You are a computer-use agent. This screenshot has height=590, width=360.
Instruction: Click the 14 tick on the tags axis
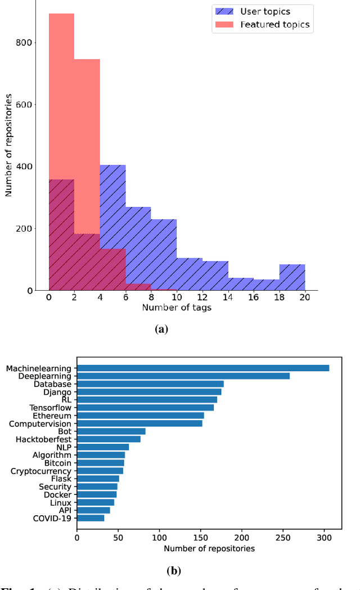pos(228,298)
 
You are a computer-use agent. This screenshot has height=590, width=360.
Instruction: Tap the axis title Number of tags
pos(177,308)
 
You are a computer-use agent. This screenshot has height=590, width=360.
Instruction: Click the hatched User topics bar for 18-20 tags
pos(292,277)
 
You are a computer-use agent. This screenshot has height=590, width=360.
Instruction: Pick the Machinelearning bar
pos(203,368)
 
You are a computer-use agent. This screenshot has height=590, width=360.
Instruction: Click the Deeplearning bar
pos(183,376)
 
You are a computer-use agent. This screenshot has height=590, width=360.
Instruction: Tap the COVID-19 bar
pos(91,518)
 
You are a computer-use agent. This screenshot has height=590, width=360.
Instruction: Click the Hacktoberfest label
pos(43,439)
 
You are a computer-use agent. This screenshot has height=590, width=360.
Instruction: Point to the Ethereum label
pos(52,416)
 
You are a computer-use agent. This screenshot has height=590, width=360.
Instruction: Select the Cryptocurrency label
pos(41,471)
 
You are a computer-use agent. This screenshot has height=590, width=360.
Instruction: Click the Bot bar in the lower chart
pos(111,431)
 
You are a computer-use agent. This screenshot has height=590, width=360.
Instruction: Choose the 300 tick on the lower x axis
pos(324,537)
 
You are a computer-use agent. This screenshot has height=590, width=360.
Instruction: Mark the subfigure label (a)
pos(161,330)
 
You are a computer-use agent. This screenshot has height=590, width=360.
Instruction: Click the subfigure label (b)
pos(174,570)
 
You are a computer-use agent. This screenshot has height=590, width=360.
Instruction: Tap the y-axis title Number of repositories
pos(8,145)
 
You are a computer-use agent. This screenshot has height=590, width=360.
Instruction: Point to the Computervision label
pos(40,424)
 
